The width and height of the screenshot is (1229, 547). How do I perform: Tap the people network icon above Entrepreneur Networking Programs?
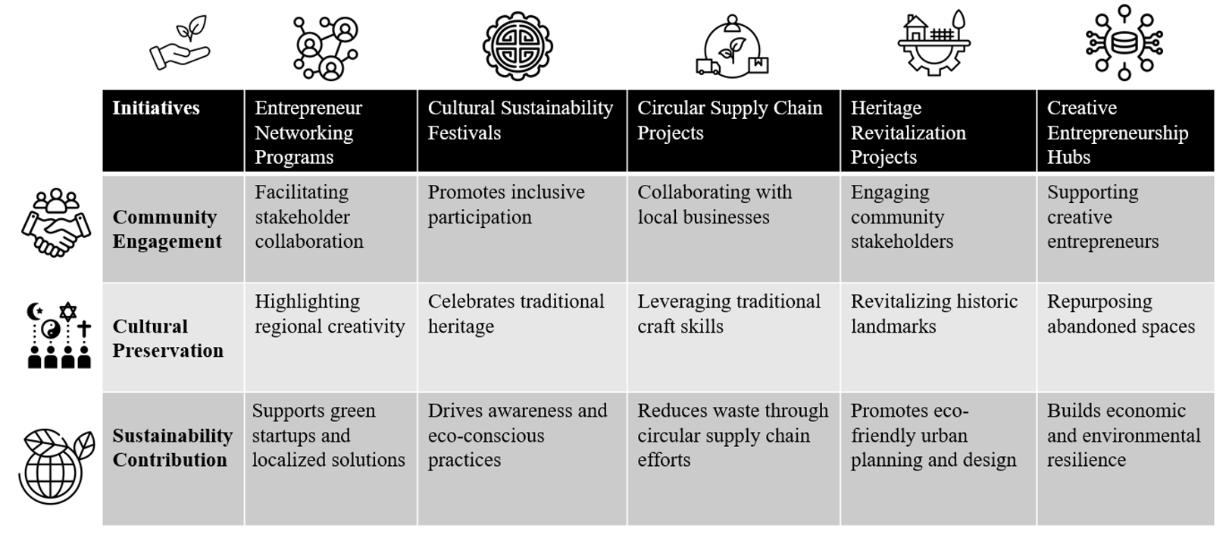coord(326,48)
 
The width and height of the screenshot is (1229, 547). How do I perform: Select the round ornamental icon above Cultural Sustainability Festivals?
coord(518,46)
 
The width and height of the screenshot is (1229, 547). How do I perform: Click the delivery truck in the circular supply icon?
coord(708,67)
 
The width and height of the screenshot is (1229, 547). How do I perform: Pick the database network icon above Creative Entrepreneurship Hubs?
coord(1124,42)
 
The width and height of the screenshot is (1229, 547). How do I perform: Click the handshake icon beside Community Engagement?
coord(56,222)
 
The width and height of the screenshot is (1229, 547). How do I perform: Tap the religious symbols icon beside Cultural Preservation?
coord(59,335)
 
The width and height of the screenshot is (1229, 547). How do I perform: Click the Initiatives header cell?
coord(174,131)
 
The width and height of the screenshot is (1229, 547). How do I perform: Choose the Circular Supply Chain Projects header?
coord(733,131)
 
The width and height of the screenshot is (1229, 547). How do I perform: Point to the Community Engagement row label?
coord(167,229)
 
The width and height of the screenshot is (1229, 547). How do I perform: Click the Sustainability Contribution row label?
coord(173,448)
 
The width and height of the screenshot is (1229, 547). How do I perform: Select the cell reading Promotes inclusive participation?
coord(522,229)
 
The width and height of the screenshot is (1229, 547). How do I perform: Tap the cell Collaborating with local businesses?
coord(733,229)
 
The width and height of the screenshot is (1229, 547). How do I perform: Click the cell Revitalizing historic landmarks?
coord(938,337)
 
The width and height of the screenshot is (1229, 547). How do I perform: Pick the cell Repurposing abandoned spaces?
coord(1125,337)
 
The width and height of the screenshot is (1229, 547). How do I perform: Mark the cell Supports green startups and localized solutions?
coord(331,458)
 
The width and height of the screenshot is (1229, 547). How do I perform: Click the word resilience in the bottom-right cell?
coord(1087,460)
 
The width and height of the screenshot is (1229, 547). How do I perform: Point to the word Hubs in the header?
coord(1068,157)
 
